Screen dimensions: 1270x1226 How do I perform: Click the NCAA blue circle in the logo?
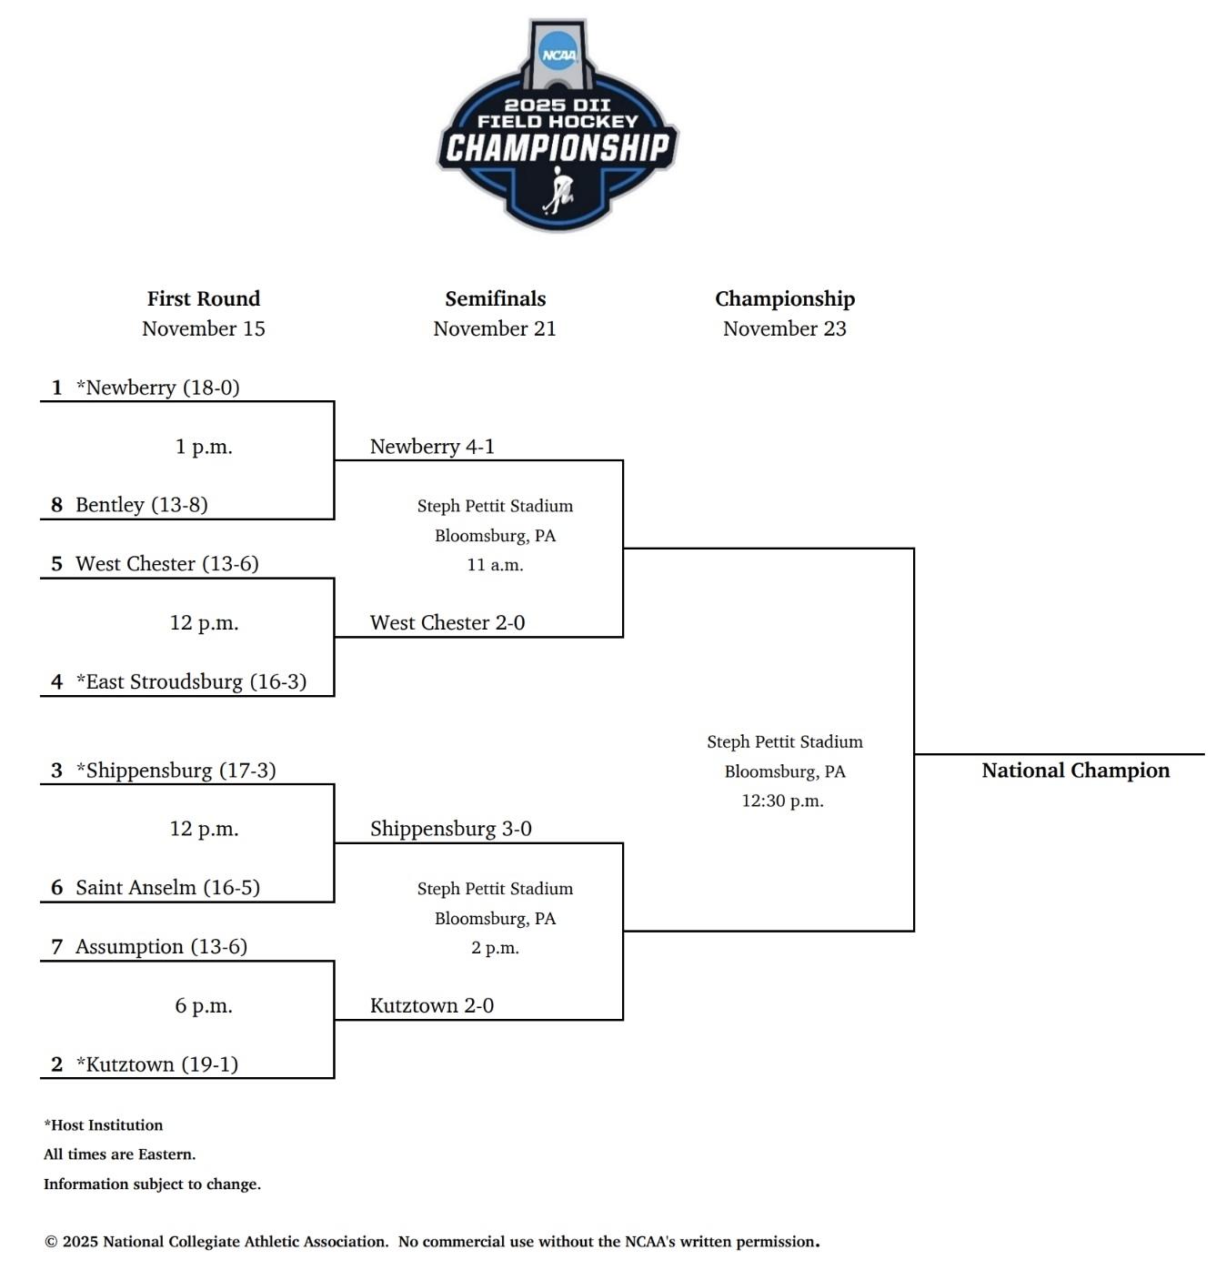(x=558, y=53)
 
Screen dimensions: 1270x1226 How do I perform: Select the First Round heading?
(x=204, y=298)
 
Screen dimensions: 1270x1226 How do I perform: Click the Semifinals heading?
(x=495, y=298)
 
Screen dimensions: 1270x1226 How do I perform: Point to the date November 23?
(x=784, y=328)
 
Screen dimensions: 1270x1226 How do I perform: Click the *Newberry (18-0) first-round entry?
(x=157, y=388)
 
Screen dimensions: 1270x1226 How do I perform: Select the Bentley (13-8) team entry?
(x=141, y=505)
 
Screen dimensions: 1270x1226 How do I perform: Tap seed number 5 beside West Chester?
(x=56, y=564)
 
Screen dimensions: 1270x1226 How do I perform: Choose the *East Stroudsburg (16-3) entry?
(x=191, y=681)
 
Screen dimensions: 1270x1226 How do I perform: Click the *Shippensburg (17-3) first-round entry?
(x=176, y=771)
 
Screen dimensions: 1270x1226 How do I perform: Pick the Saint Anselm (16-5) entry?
(x=167, y=888)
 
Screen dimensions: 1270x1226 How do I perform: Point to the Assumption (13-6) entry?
(x=161, y=947)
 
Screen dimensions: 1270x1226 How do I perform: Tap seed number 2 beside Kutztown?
(x=56, y=1064)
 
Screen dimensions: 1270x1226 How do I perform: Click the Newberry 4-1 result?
(x=432, y=447)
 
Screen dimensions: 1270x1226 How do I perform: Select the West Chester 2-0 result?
(x=447, y=623)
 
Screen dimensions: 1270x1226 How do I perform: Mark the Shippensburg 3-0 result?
(x=450, y=829)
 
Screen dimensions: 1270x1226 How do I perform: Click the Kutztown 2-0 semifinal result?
(x=431, y=1005)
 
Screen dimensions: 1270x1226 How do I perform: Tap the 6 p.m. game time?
(x=204, y=1005)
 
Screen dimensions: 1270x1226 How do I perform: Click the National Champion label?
(x=1075, y=771)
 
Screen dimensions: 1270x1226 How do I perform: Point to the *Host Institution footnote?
(x=104, y=1125)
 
